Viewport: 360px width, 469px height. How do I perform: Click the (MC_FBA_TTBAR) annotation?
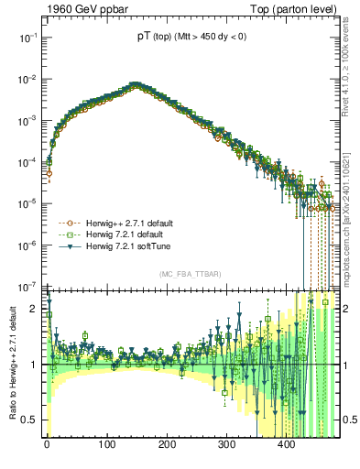(190, 276)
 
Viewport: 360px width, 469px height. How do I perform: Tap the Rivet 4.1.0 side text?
(350, 73)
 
